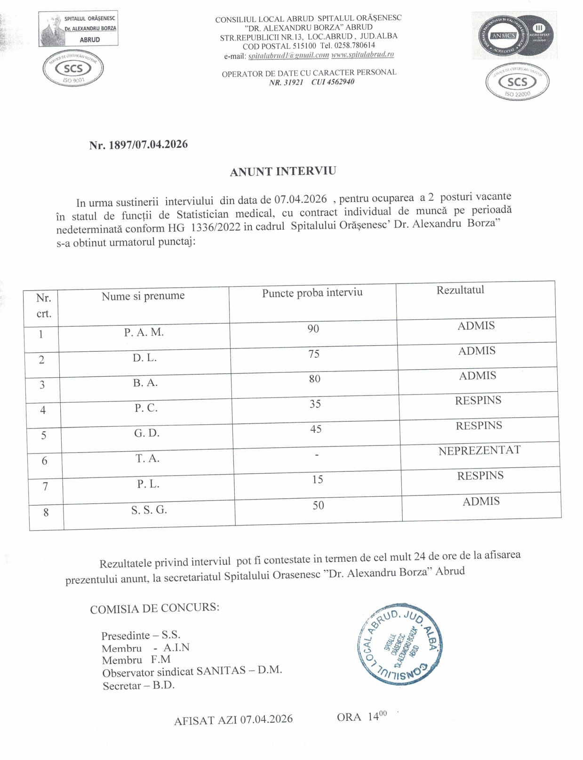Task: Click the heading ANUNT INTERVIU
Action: (283, 171)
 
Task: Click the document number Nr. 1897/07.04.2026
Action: (138, 145)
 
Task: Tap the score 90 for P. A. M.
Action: (313, 329)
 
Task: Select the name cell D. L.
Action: (144, 358)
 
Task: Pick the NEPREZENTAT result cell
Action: (479, 451)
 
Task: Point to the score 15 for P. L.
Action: (318, 479)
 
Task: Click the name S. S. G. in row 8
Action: (149, 509)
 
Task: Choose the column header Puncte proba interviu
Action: (312, 293)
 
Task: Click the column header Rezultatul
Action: (460, 290)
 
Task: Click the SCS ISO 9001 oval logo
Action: (73, 70)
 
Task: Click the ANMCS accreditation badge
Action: (515, 36)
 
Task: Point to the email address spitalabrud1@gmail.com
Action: (288, 56)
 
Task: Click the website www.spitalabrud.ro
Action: (362, 55)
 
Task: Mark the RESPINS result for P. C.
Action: (478, 401)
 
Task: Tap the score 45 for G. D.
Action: (316, 429)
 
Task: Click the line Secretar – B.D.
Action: (138, 686)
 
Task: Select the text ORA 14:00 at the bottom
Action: (361, 717)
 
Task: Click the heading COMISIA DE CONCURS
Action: (154, 608)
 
